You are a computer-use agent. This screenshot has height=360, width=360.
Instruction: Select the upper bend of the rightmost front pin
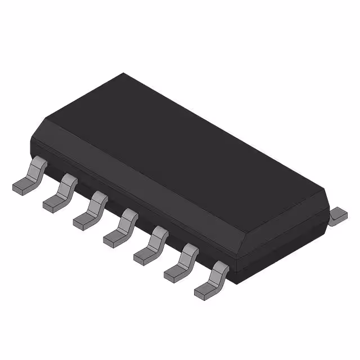point(220,269)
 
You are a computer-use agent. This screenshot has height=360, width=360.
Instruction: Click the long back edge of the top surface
point(225,132)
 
